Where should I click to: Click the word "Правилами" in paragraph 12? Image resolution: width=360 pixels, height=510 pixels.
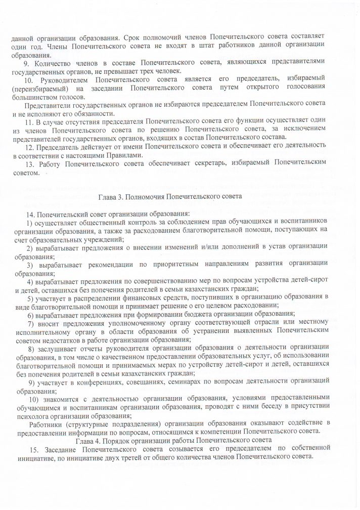point(126,155)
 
